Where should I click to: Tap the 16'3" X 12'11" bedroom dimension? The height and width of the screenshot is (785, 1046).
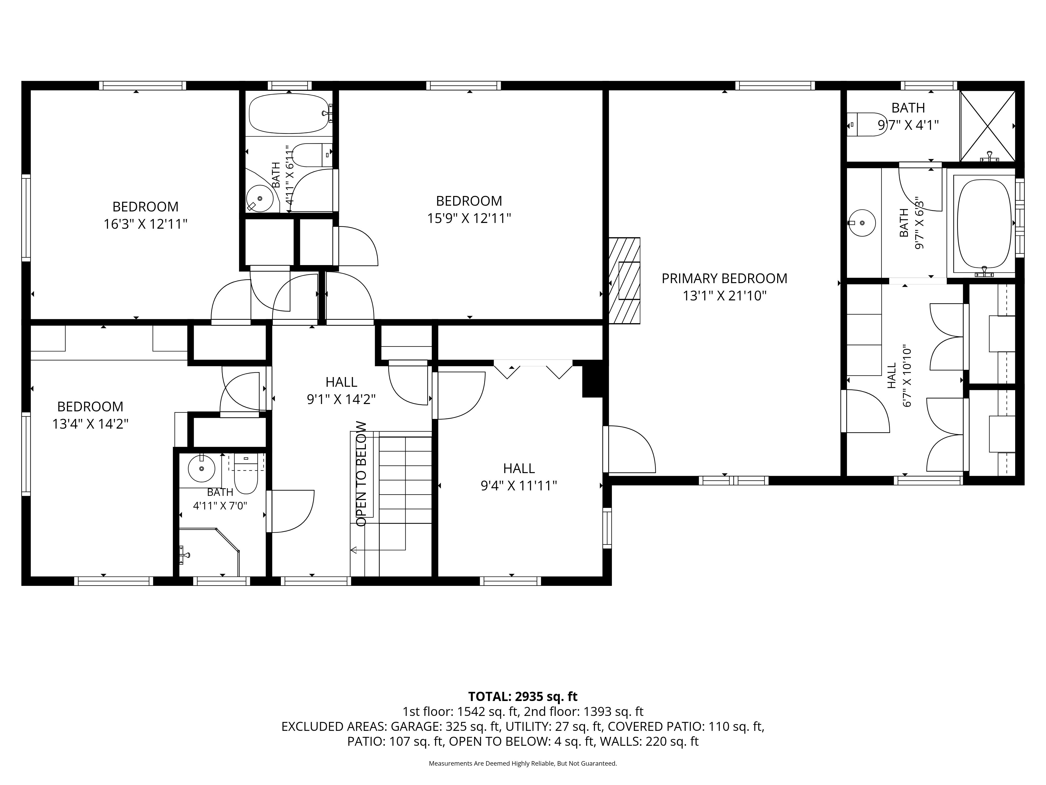coord(146,224)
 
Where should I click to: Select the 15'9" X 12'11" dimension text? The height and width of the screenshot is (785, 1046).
coord(469,218)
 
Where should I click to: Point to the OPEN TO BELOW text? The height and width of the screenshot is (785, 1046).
coord(361,474)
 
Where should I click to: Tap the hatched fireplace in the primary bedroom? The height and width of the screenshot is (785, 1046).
coord(624,281)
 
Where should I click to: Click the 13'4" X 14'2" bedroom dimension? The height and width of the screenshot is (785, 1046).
coord(90,424)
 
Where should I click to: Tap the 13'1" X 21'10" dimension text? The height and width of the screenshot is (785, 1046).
coord(724,296)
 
